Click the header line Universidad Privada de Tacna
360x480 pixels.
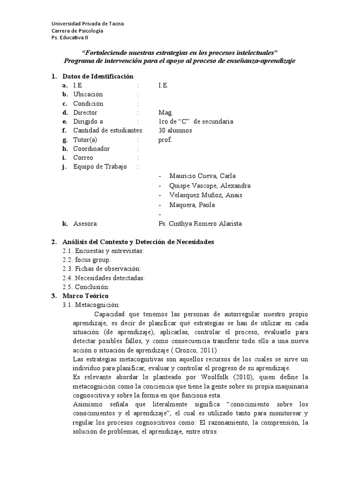(x=87, y=24)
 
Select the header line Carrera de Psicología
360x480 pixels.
(x=77, y=31)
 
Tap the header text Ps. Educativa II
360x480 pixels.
(x=69, y=38)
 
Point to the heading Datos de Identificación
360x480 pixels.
(x=98, y=76)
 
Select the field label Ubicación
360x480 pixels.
(x=88, y=95)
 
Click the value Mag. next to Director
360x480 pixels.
(x=166, y=113)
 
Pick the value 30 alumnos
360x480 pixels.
(x=175, y=131)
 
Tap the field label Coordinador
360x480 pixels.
(x=91, y=149)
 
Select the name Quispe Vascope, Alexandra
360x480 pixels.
(x=210, y=186)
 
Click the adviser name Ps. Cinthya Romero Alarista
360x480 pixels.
(x=200, y=224)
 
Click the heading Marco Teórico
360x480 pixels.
(x=85, y=296)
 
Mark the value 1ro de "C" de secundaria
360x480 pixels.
(x=196, y=122)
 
